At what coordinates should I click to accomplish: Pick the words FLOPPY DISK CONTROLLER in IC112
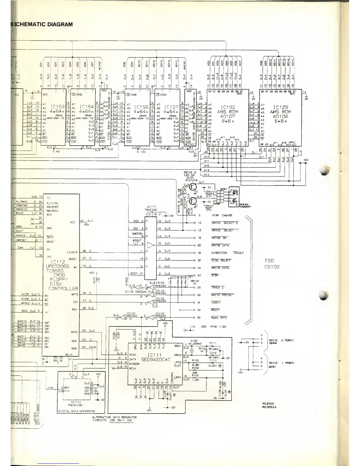pos(63,284)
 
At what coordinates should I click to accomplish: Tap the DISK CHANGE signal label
pos(222,215)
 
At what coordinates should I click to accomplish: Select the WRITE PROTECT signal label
pos(222,295)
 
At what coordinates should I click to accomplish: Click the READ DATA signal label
pos(219,317)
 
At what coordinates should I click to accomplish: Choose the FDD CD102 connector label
pos(272,264)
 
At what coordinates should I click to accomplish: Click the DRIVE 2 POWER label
pos(281,342)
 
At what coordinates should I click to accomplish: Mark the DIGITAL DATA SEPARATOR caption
pos(76,411)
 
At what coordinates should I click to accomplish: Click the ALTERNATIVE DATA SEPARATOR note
pos(114,419)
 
